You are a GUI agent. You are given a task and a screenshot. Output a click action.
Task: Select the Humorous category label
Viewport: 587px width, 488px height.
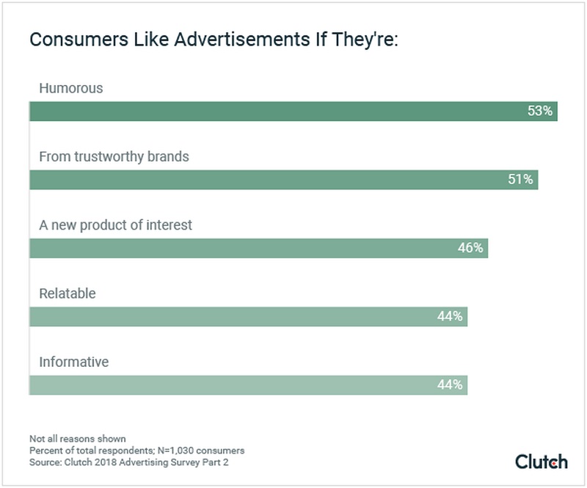coord(71,88)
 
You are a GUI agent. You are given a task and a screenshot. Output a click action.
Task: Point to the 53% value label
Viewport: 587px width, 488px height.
coord(539,112)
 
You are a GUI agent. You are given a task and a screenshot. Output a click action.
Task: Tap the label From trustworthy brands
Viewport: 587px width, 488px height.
coord(114,156)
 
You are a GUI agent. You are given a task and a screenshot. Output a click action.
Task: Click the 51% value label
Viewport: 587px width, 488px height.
coord(520,180)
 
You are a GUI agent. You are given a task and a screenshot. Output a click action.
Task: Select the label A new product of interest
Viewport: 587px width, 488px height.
coord(115,225)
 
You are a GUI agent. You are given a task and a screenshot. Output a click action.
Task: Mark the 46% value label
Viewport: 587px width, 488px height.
coord(470,248)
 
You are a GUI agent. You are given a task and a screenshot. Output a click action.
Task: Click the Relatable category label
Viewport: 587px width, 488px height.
coord(68,294)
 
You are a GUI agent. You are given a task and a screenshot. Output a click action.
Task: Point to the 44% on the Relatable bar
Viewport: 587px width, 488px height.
coord(450,317)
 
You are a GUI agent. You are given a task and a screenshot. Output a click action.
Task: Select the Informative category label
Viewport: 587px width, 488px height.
coord(73,362)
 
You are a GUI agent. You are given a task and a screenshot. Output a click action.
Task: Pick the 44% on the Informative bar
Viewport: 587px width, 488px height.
coord(450,385)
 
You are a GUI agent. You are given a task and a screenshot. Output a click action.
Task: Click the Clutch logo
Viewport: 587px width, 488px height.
coord(541,462)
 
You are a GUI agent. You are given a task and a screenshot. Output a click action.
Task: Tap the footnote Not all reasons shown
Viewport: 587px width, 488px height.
coord(77,439)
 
